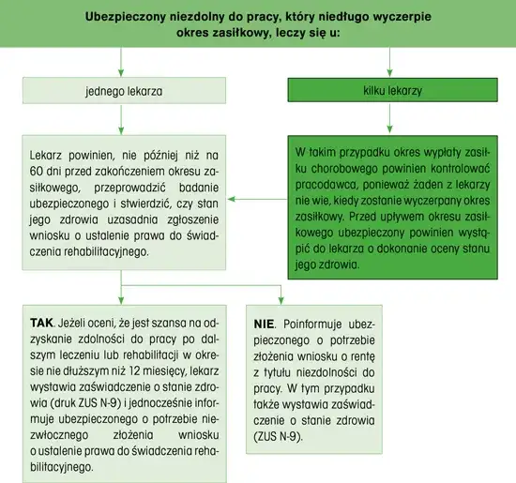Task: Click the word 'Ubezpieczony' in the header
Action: (x=132, y=17)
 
